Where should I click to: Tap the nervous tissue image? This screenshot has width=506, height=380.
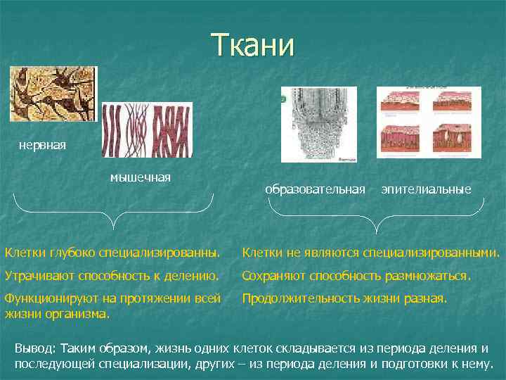53,94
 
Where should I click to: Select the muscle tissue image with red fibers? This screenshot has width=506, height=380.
147,130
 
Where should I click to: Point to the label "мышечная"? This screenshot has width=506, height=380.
140,177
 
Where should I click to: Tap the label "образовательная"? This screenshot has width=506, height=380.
315,189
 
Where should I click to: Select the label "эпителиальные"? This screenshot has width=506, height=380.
426,189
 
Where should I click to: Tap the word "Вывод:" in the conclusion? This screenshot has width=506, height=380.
36,349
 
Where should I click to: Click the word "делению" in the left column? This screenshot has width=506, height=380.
194,275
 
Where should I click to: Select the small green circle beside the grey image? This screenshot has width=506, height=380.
283,99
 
